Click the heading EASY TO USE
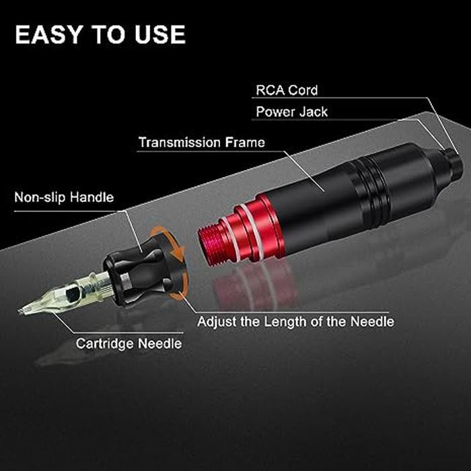pyautogui.click(x=100, y=34)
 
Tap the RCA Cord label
pyautogui.click(x=287, y=89)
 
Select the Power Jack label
pyautogui.click(x=292, y=111)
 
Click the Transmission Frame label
pyautogui.click(x=201, y=143)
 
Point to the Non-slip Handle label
pyautogui.click(x=64, y=198)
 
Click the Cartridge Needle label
pyautogui.click(x=129, y=343)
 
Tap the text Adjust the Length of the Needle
pyautogui.click(x=295, y=321)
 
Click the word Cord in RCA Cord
pyautogui.click(x=303, y=89)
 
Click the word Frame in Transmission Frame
pyautogui.click(x=245, y=143)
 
